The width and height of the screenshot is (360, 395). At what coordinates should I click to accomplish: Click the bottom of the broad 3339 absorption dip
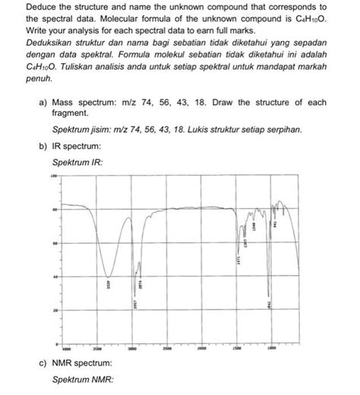click(x=110, y=276)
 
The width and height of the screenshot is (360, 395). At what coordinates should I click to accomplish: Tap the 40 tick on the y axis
click(x=55, y=277)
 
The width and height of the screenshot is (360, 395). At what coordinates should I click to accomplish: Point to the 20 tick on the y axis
click(x=55, y=311)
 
